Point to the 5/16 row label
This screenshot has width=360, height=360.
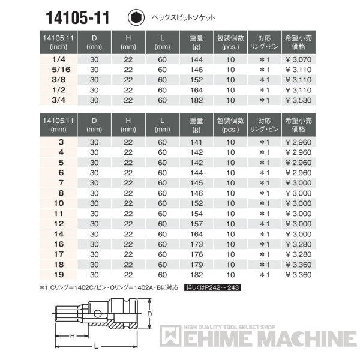click(58, 70)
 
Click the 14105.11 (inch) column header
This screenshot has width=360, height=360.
click(58, 42)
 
